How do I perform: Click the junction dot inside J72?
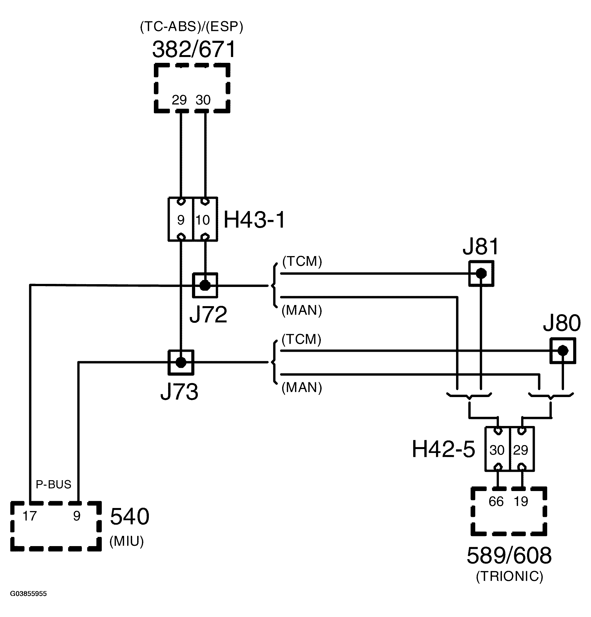tap(205, 286)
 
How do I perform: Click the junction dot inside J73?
tap(181, 362)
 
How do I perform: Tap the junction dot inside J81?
tap(481, 273)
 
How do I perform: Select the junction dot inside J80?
tap(563, 350)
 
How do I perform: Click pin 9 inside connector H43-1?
tap(181, 220)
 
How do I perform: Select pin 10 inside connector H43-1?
tap(203, 220)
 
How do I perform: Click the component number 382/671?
tap(194, 49)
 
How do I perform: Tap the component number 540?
tap(129, 517)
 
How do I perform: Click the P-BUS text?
tap(53, 484)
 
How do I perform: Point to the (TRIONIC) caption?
tap(509, 576)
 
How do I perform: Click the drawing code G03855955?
tap(28, 594)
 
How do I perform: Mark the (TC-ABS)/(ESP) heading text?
tap(191, 27)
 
